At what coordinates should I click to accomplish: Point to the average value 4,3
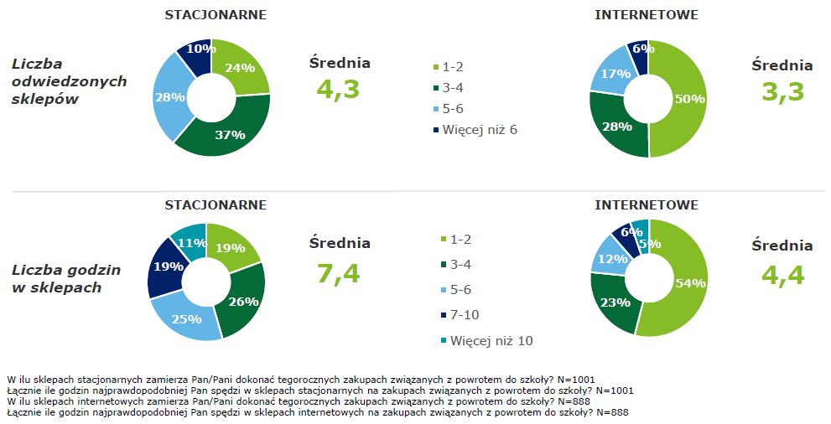pyautogui.click(x=339, y=89)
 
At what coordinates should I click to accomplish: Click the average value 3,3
pyautogui.click(x=782, y=90)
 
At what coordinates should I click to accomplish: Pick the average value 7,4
pyautogui.click(x=339, y=272)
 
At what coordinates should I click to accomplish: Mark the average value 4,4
pyautogui.click(x=782, y=274)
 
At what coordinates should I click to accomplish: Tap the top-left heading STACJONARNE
pyautogui.click(x=216, y=15)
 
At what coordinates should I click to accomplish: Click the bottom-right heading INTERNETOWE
pyautogui.click(x=646, y=204)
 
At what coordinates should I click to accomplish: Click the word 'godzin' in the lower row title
pyautogui.click(x=95, y=270)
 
